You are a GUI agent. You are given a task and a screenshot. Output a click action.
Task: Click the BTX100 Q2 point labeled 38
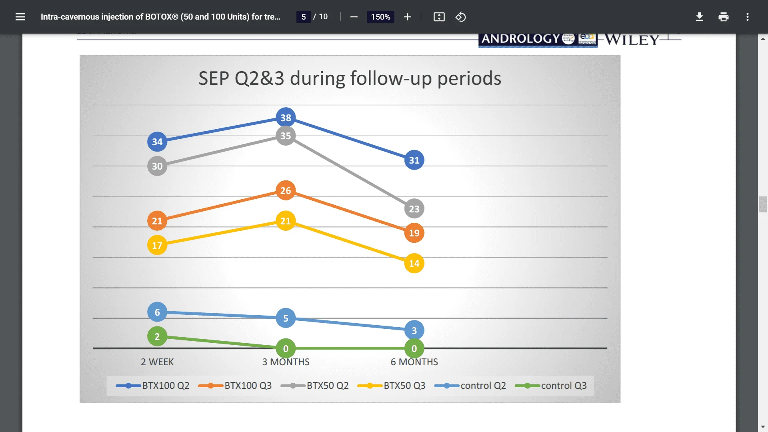pyautogui.click(x=286, y=118)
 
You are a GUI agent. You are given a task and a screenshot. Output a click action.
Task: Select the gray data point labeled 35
pyautogui.click(x=286, y=136)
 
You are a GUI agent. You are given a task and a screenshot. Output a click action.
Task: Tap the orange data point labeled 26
pyautogui.click(x=286, y=190)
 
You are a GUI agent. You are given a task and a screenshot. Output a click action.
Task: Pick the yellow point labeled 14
pyautogui.click(x=414, y=263)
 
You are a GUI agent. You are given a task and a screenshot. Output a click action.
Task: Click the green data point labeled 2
pyautogui.click(x=157, y=336)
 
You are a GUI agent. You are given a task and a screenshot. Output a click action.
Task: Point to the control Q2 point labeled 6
pyautogui.click(x=157, y=312)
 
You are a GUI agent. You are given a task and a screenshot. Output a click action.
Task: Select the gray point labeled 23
pyautogui.click(x=414, y=209)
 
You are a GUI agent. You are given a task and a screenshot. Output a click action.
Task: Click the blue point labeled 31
pyautogui.click(x=414, y=160)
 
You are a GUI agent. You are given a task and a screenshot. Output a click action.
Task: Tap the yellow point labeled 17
pyautogui.click(x=157, y=245)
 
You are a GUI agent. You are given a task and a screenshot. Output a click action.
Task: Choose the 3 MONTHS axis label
pyautogui.click(x=286, y=362)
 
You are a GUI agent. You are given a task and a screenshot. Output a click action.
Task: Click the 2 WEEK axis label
pyautogui.click(x=157, y=362)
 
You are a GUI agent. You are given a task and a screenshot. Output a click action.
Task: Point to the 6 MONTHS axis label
pyautogui.click(x=414, y=362)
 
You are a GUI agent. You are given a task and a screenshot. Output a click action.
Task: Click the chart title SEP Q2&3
pyautogui.click(x=350, y=78)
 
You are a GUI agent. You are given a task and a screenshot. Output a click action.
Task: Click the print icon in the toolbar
pyautogui.click(x=723, y=17)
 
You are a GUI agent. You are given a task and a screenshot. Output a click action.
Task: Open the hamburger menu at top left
pyautogui.click(x=20, y=17)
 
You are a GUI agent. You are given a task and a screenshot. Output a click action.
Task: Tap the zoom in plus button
pyautogui.click(x=408, y=17)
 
